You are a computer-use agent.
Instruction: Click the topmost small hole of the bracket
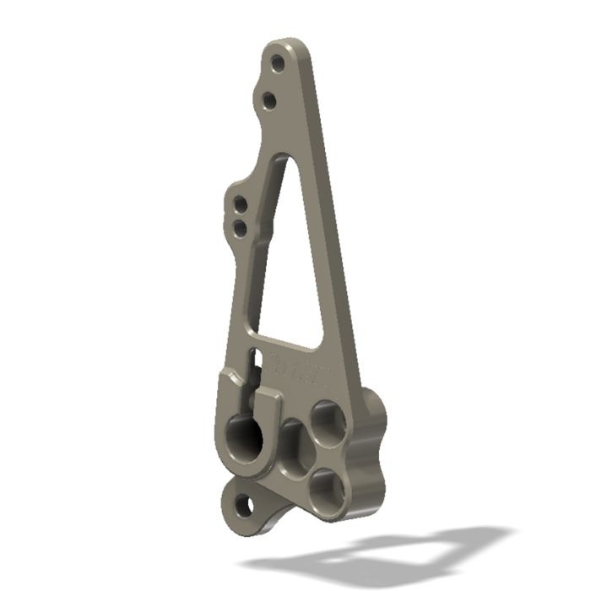click(277, 62)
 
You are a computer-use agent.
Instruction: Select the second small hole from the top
click(268, 100)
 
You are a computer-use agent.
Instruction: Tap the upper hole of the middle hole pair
click(241, 203)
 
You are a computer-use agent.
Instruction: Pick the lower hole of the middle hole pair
click(240, 227)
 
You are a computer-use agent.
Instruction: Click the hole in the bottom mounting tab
click(244, 506)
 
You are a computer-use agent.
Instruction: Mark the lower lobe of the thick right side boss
click(371, 490)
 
